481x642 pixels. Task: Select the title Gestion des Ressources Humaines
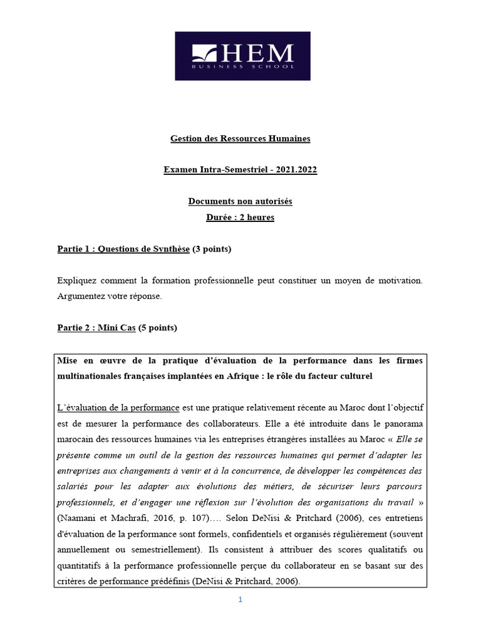coord(240,138)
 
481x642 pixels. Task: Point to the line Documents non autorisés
coord(240,201)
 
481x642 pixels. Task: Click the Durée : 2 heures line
coord(240,218)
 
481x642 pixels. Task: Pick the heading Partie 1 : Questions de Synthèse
coord(123,249)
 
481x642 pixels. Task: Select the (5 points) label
coord(158,327)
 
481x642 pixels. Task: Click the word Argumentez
coord(80,296)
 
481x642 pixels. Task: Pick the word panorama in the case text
coord(401,423)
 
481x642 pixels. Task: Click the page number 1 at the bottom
coord(240,599)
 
